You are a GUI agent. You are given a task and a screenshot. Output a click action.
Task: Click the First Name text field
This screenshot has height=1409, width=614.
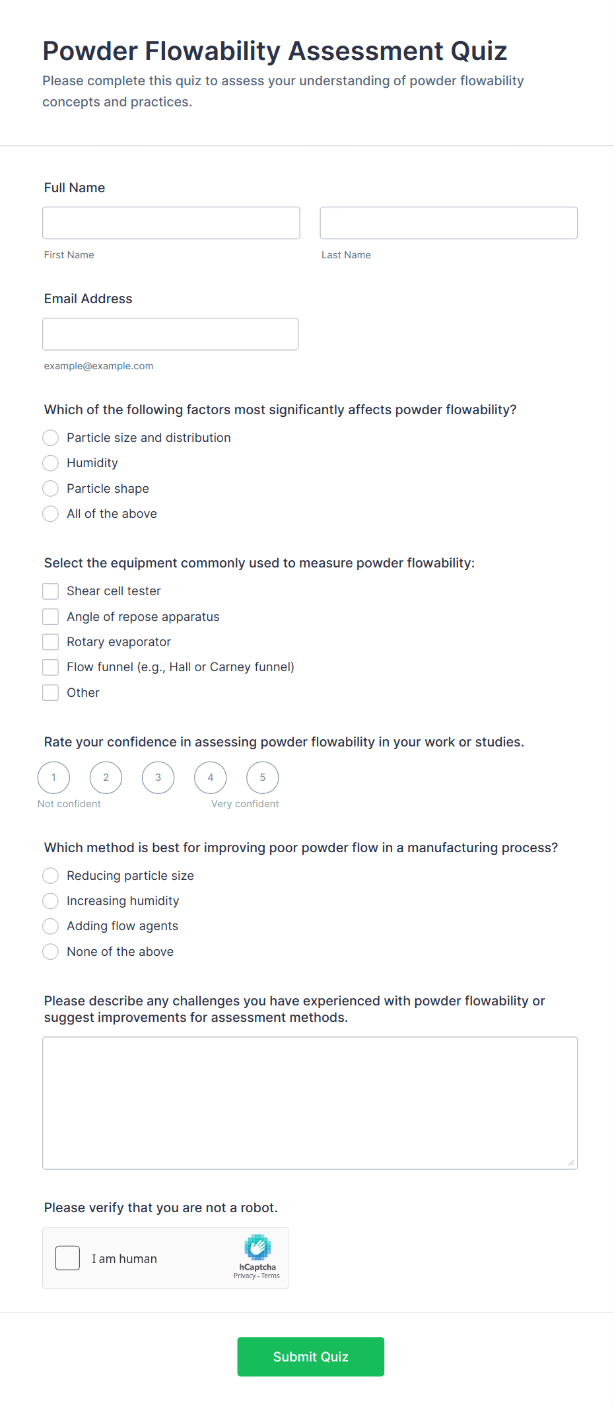pos(171,223)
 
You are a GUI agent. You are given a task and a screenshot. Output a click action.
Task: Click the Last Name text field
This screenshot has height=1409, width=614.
pos(448,223)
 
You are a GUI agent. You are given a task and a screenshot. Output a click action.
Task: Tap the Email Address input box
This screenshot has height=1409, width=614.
pos(170,334)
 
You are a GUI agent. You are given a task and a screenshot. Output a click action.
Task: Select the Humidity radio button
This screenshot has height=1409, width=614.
pos(51,463)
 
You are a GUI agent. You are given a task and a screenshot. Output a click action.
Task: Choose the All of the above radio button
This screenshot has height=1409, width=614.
pos(51,514)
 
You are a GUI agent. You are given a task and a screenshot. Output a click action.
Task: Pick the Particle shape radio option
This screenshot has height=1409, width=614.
pos(51,489)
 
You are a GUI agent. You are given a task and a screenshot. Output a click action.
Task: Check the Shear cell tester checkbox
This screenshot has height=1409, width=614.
pos(51,591)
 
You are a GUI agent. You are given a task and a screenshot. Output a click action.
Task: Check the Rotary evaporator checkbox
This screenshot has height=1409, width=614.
pos(51,642)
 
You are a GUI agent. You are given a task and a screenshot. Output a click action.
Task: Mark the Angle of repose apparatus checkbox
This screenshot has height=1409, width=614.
pos(51,617)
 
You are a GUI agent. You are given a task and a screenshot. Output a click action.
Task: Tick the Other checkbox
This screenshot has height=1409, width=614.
pos(51,693)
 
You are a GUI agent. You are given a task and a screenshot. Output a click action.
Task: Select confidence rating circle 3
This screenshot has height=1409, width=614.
pos(158,777)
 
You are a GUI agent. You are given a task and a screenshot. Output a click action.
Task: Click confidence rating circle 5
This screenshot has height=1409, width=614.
pos(263,777)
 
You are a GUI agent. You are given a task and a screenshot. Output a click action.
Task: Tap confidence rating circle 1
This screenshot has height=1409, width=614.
pos(54,777)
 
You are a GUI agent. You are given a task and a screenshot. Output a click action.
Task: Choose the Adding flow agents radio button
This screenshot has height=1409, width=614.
pos(51,926)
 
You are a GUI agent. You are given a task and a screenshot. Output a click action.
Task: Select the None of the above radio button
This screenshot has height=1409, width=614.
pos(51,952)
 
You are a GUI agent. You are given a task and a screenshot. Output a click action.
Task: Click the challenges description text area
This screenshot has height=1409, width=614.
pos(310,1102)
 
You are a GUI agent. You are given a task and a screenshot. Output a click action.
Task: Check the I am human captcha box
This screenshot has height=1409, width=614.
pos(68,1258)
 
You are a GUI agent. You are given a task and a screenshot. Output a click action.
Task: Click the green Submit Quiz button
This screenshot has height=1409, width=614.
pos(310,1357)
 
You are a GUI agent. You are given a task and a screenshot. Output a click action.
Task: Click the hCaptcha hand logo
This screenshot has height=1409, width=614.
pos(257,1247)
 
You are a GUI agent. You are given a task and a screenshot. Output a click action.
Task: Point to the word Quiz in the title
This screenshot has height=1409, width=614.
pos(479,52)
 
